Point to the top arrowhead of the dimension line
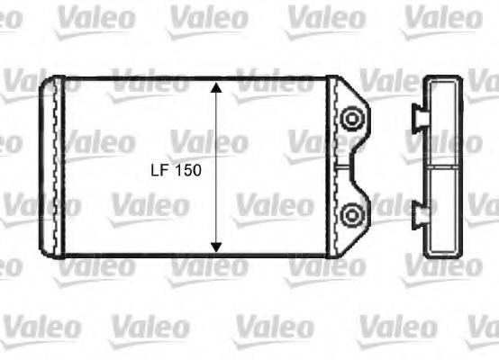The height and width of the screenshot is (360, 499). click(x=216, y=88)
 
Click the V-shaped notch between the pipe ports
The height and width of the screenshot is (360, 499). click(x=359, y=166)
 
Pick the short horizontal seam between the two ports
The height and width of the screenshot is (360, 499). click(x=341, y=166)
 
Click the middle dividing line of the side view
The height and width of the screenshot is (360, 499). click(x=442, y=166)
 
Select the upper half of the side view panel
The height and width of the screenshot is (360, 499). click(x=442, y=121)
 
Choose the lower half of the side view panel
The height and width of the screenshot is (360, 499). click(x=442, y=211)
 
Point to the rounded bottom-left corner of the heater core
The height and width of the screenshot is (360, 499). click(x=44, y=252)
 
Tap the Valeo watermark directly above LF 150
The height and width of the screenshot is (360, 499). click(x=207, y=142)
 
